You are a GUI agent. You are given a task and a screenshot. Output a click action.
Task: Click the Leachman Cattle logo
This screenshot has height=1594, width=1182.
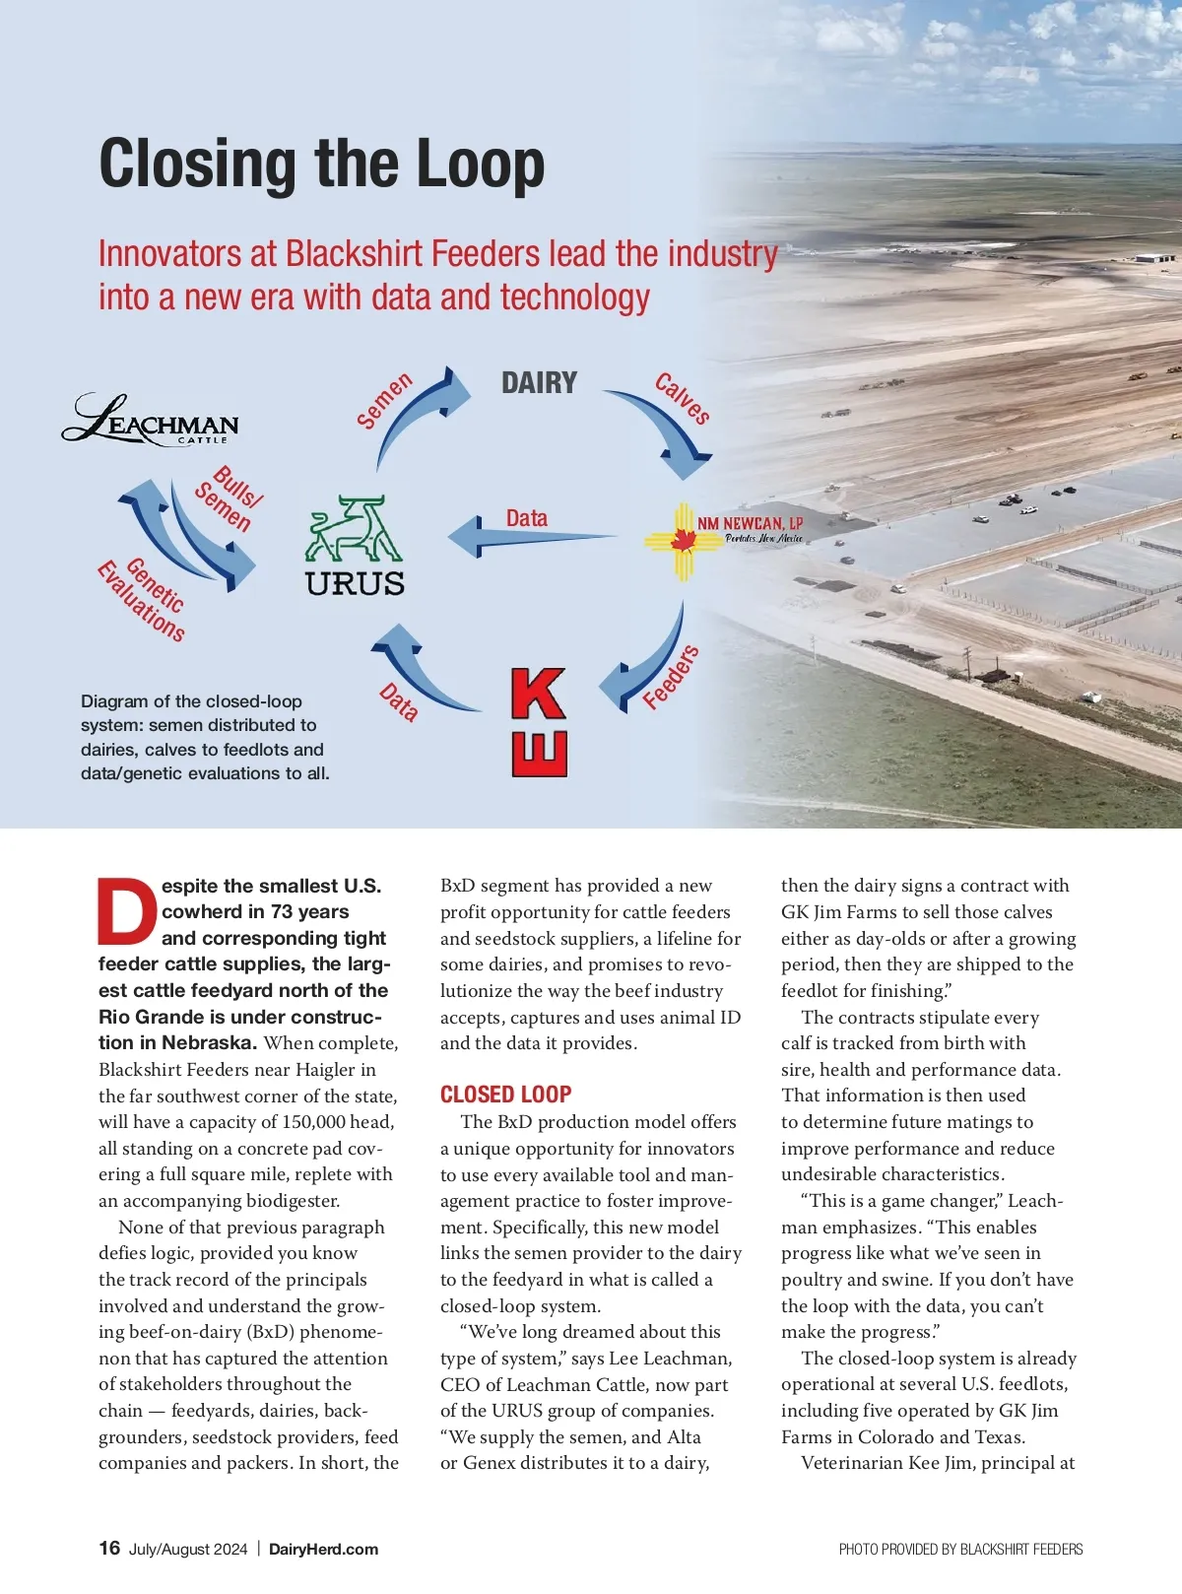pyautogui.click(x=152, y=420)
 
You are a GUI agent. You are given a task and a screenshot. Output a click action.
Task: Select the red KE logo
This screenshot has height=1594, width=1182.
pyautogui.click(x=539, y=722)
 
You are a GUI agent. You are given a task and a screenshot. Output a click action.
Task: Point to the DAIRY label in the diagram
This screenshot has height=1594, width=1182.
pyautogui.click(x=539, y=382)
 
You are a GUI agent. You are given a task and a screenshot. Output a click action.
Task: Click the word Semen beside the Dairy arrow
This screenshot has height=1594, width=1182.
pyautogui.click(x=384, y=401)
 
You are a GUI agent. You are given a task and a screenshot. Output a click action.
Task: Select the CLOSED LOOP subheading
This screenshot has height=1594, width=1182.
pyautogui.click(x=505, y=1095)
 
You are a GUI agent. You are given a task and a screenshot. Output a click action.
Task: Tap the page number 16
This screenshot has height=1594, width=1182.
pyautogui.click(x=109, y=1548)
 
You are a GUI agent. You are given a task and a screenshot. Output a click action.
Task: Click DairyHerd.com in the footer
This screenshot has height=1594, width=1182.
pyautogui.click(x=323, y=1549)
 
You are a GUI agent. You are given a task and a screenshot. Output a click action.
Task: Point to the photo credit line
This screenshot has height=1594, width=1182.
pyautogui.click(x=960, y=1550)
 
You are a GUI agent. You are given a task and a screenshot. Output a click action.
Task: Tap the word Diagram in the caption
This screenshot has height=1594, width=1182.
pyautogui.click(x=114, y=701)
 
